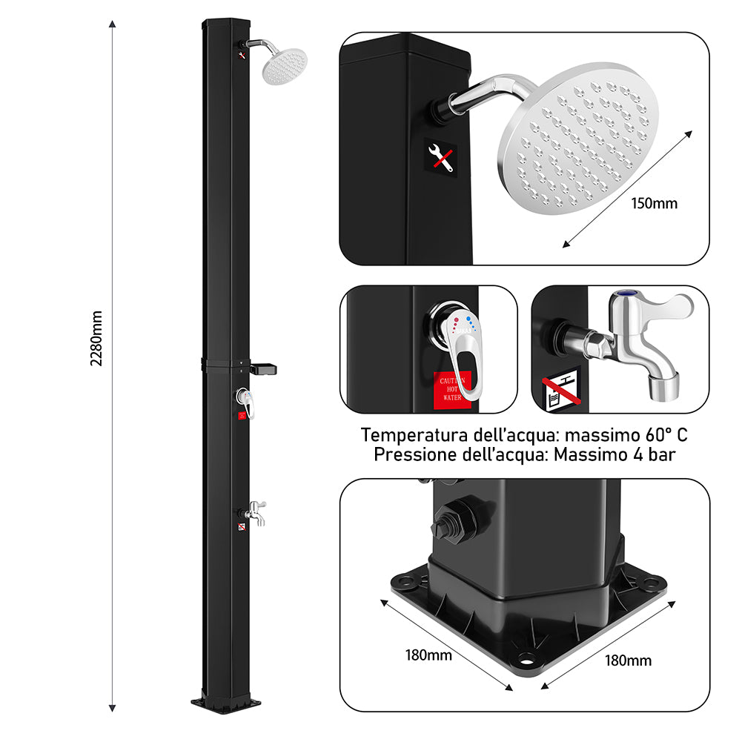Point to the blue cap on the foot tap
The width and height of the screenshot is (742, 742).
pos(623,295)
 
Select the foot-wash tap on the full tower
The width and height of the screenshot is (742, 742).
pos(255,511)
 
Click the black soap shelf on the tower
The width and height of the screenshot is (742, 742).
pos(265,368)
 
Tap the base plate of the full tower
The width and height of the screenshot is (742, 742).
pos(227,701)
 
